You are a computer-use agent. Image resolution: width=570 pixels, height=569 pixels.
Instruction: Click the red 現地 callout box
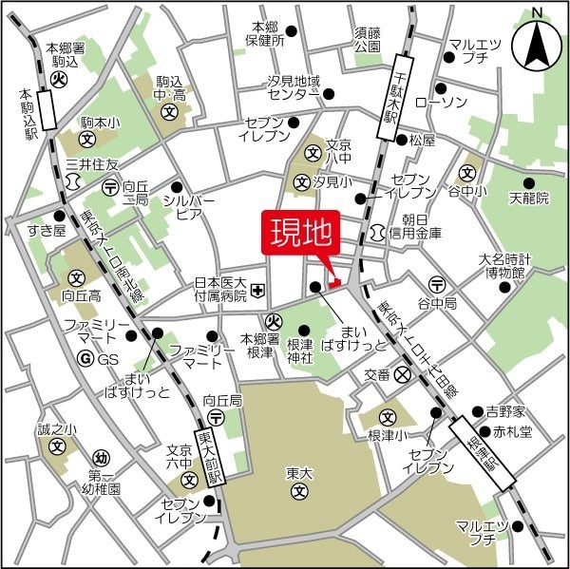[296, 235]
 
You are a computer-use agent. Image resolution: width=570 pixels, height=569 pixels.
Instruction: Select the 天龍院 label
[529, 199]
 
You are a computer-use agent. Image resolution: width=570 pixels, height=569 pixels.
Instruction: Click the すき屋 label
[46, 231]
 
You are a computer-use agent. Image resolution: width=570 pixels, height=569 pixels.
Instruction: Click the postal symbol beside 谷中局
[436, 283]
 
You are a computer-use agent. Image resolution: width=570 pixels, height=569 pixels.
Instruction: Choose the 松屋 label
[422, 140]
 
